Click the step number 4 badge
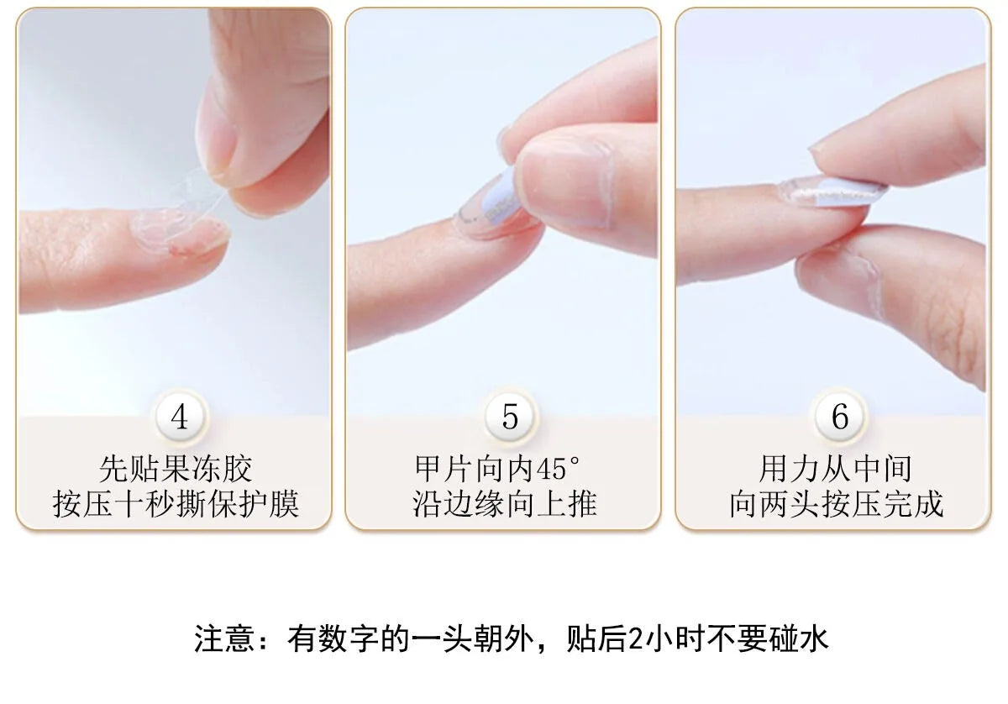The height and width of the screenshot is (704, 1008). [x=180, y=417]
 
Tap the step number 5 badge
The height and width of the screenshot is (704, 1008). [x=510, y=417]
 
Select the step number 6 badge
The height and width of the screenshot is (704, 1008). [x=840, y=417]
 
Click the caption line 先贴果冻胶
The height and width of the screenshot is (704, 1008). [x=176, y=469]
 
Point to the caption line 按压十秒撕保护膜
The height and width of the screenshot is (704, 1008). [x=176, y=504]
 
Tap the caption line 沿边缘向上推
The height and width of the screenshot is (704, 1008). [x=505, y=504]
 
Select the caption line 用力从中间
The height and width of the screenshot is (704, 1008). [x=835, y=469]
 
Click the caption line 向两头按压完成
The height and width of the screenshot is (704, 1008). [x=836, y=504]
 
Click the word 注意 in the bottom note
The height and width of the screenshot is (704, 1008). [x=224, y=638]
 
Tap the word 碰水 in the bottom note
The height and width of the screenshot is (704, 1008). [x=798, y=638]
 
